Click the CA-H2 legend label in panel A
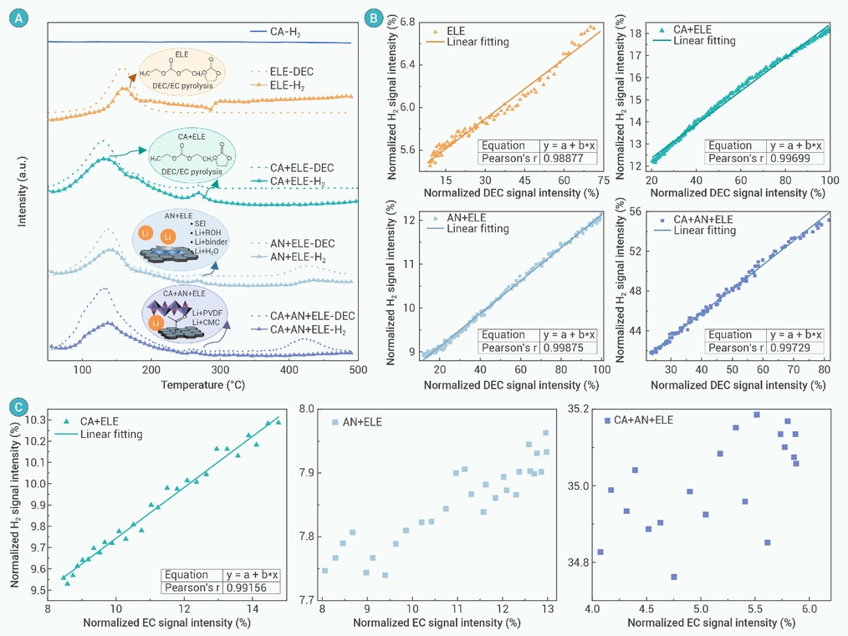[x=285, y=33]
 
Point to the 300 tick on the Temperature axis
[x=220, y=370]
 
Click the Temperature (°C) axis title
[x=203, y=385]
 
